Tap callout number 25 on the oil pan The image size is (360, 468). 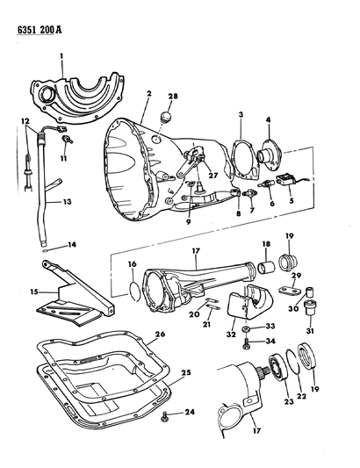tap(184, 373)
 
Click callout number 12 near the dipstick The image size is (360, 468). tap(26, 120)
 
